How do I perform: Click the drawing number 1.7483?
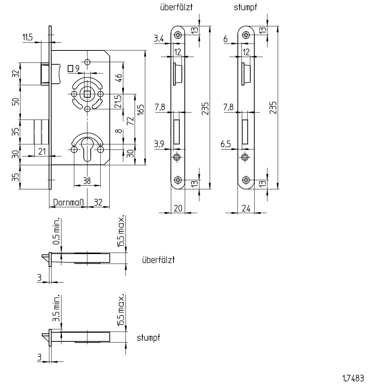point(353,378)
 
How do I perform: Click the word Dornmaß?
point(69,203)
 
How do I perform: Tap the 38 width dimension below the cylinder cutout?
point(87,181)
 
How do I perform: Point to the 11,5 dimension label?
point(27,38)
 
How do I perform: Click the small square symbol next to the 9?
point(71,68)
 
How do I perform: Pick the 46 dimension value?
point(119,78)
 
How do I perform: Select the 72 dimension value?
point(131,121)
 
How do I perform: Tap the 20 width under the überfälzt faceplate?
point(178,208)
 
